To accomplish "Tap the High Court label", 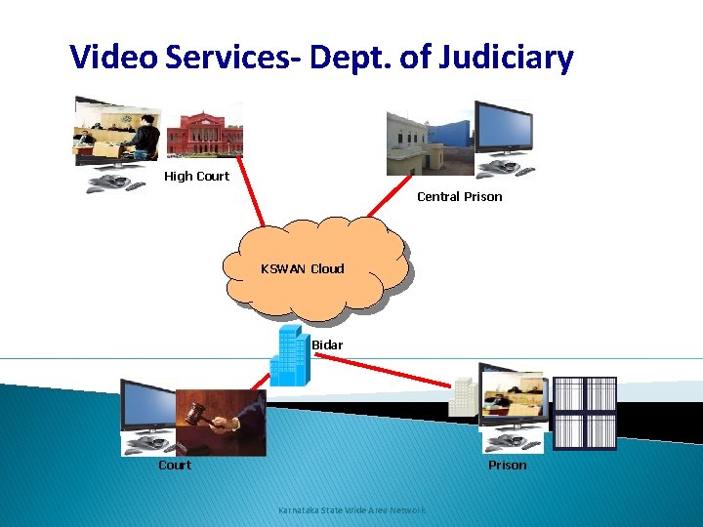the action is point(196,177).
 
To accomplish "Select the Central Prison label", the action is point(459,197).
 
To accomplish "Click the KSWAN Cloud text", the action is point(302,268).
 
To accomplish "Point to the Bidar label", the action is point(327,345).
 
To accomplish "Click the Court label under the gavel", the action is point(175,465).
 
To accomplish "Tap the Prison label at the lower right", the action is point(507,465).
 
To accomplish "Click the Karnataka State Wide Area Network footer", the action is point(351,510).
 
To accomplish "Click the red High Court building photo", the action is point(203,130).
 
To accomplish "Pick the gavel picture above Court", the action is point(222,422).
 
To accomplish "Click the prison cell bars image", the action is point(584,412).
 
